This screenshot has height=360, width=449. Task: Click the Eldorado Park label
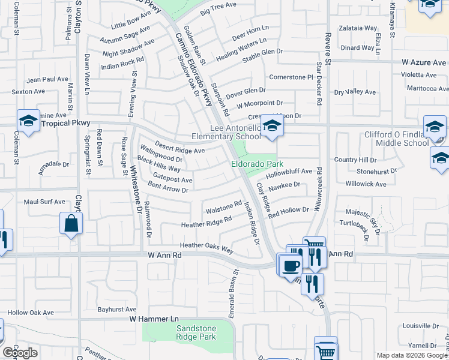click(258, 163)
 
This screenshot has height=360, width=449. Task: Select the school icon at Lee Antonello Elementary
click(272, 126)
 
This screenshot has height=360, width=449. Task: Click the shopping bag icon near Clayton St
click(71, 224)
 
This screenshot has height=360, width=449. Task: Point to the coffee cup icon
click(291, 265)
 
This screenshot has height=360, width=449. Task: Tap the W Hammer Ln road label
click(155, 318)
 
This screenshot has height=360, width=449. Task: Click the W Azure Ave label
click(424, 62)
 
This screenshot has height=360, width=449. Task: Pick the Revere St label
click(328, 49)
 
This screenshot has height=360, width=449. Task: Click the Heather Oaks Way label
click(206, 246)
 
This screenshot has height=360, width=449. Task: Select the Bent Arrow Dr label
click(168, 188)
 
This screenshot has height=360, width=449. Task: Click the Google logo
click(20, 353)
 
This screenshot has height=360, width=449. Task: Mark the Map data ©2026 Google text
click(411, 355)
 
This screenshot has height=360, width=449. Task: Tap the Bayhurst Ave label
click(118, 310)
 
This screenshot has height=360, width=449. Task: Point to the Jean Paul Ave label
click(48, 79)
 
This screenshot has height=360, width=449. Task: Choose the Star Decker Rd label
click(319, 89)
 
